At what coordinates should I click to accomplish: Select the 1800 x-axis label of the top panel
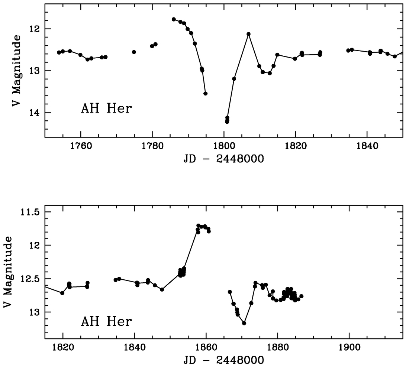tap(224, 146)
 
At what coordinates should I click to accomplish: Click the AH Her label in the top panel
tap(106, 109)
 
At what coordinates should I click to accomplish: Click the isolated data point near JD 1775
tap(134, 52)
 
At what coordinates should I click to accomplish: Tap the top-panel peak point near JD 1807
tap(249, 34)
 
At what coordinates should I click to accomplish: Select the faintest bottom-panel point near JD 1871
tap(244, 323)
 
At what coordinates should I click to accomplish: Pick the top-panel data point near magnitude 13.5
tap(206, 94)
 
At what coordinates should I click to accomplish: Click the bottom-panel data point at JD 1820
tap(62, 293)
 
